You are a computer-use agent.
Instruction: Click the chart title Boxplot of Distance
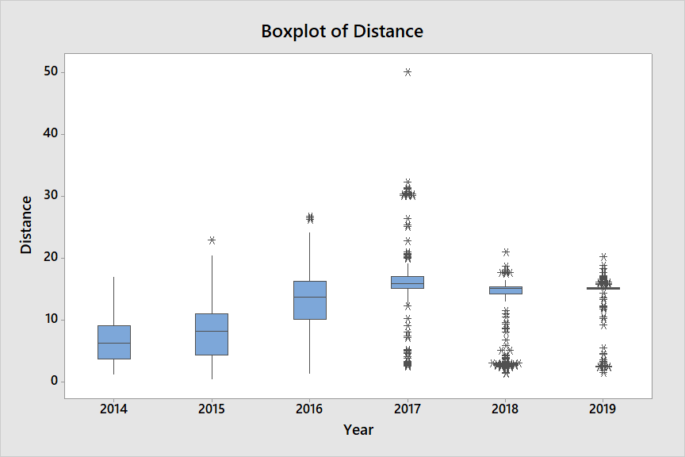tap(342, 32)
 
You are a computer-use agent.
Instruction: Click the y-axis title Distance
tap(26, 225)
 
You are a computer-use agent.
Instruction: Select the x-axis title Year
tap(358, 430)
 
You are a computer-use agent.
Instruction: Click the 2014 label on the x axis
tap(114, 409)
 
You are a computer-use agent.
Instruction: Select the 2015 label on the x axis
tap(212, 409)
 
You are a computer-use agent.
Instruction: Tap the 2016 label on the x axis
tap(309, 409)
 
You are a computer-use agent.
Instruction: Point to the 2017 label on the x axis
tap(408, 409)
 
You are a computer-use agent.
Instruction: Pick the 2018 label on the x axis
tap(505, 409)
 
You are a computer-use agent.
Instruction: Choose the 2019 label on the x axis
tap(603, 409)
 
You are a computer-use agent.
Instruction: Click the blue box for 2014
tap(114, 342)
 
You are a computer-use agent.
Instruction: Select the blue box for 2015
tap(212, 334)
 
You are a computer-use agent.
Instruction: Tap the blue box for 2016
tap(309, 300)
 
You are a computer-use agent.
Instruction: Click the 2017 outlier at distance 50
tap(408, 72)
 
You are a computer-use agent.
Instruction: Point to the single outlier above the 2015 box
tap(212, 240)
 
